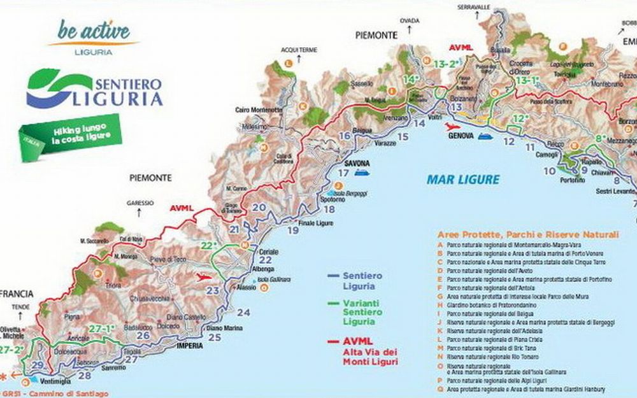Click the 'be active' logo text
point(94,30)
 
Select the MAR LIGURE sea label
point(462,180)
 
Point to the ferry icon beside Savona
point(362,171)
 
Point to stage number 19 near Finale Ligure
point(292,231)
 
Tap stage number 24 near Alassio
point(243,312)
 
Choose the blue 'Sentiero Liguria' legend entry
point(362,280)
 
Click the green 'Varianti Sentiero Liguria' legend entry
point(362,312)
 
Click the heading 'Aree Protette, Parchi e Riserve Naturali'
point(527,234)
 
